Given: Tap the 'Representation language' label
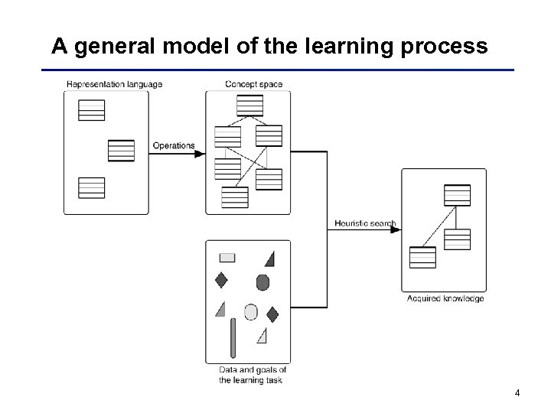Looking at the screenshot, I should (114, 84).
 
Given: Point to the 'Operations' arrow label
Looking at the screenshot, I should (174, 145).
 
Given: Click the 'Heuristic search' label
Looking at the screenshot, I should (365, 224).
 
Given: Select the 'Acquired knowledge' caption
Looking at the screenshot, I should (445, 298).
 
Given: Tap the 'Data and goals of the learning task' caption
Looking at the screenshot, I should (253, 375).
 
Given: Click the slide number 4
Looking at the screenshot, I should (518, 393).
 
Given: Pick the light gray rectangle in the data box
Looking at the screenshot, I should (227, 257).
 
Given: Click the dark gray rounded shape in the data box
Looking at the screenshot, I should (262, 281).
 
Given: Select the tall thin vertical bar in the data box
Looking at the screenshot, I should (233, 337).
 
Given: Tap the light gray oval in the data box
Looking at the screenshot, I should (250, 311).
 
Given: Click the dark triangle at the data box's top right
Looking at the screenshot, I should (269, 258).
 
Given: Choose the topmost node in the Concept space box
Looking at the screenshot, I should (249, 105).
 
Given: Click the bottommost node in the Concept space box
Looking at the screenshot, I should (235, 197).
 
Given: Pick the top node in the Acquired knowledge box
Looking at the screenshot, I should (457, 195).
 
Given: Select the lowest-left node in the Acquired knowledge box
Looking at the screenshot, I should (422, 257).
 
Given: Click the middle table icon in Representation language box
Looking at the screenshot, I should (121, 150).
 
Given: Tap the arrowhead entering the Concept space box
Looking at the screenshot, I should (201, 154).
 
